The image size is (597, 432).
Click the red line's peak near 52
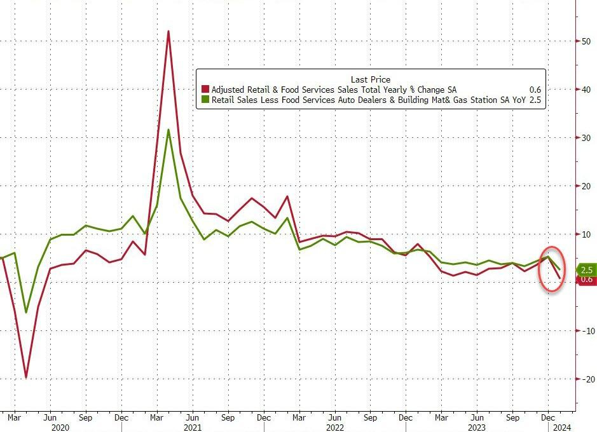click(x=168, y=31)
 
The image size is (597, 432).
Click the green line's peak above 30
click(x=168, y=130)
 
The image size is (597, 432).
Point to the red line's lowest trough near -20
click(x=26, y=377)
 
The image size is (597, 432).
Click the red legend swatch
click(x=205, y=90)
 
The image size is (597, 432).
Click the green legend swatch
click(x=205, y=100)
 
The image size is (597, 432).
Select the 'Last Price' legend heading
click(x=371, y=79)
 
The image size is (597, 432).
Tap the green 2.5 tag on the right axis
click(x=586, y=270)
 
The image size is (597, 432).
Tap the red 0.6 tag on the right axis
click(x=586, y=280)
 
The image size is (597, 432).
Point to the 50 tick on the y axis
click(x=584, y=41)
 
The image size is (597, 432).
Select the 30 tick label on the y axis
click(x=584, y=138)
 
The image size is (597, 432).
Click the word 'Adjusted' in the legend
click(x=230, y=90)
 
